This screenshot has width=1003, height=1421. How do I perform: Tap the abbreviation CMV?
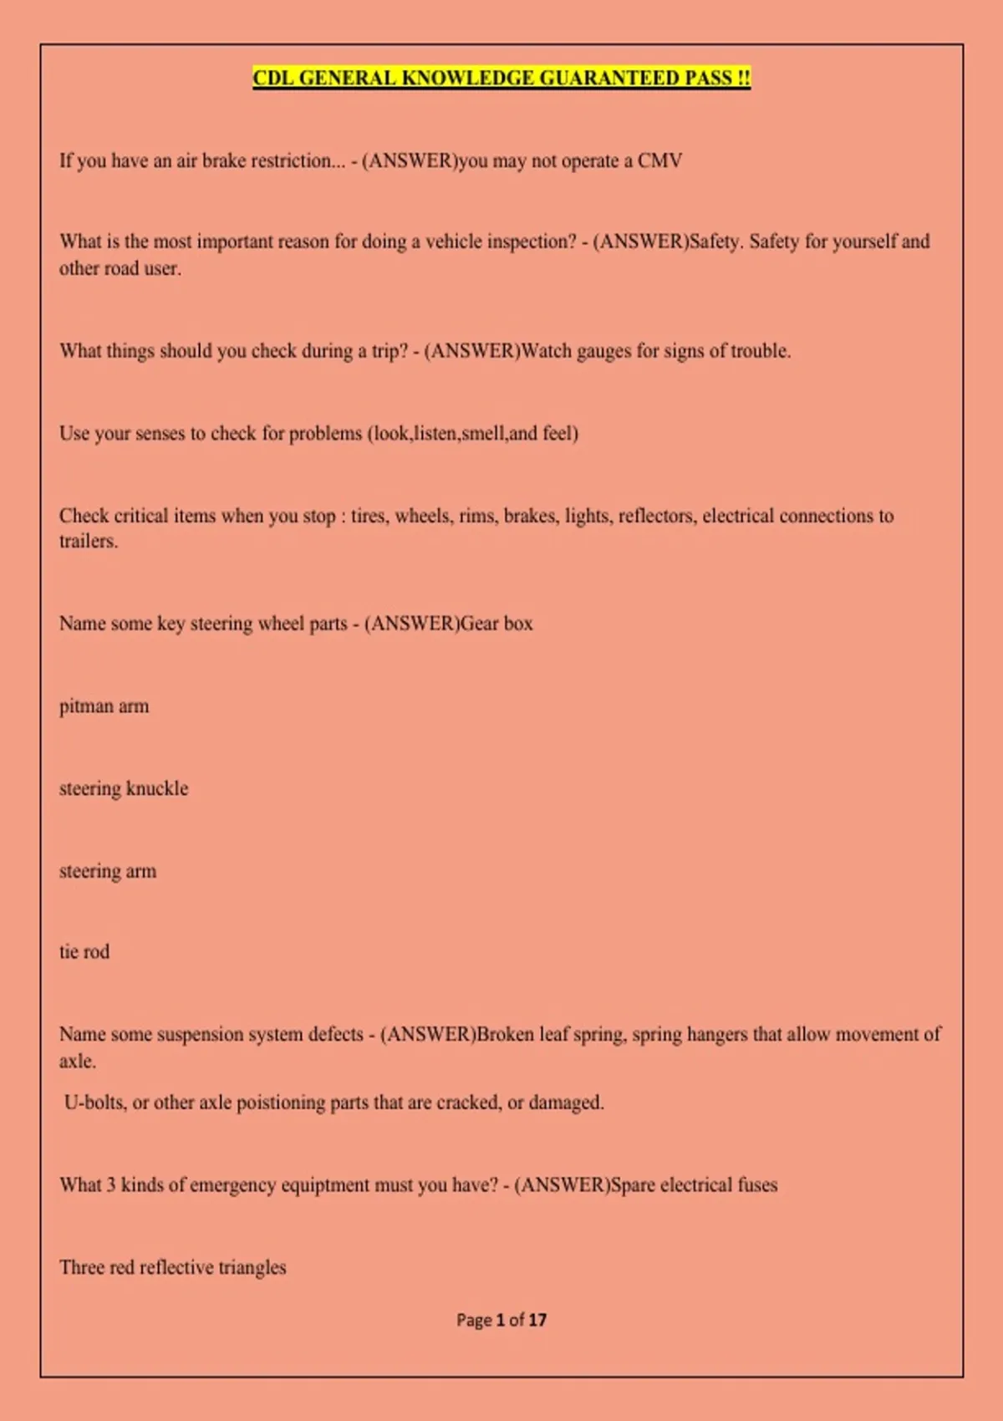(659, 160)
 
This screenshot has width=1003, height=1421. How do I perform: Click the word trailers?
(88, 542)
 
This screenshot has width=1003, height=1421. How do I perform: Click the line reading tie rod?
(84, 952)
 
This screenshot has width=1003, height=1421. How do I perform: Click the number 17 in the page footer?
(537, 1320)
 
